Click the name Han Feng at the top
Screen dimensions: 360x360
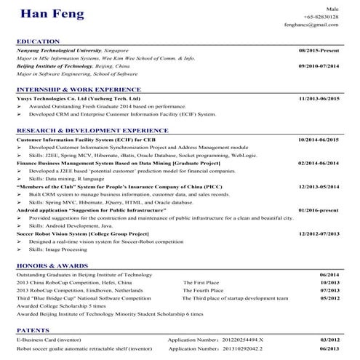(x=52, y=15)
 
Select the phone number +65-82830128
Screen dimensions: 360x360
(x=322, y=16)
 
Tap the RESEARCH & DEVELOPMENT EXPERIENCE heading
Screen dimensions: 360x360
(x=92, y=130)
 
